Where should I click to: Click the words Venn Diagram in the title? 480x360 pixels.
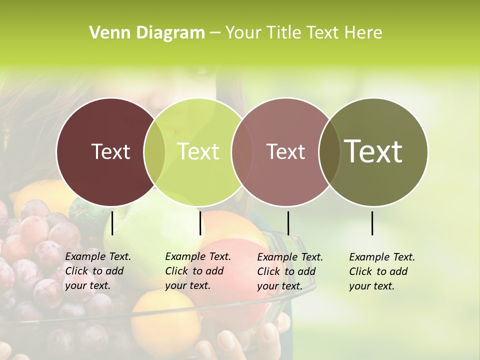[147, 33]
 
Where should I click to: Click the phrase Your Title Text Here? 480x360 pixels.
[303, 33]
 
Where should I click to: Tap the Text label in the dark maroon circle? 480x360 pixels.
[110, 151]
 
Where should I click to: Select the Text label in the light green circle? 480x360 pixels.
[198, 151]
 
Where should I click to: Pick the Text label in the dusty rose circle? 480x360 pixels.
[285, 151]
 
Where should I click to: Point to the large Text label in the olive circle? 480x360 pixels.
[373, 151]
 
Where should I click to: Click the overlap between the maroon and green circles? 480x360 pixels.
[154, 152]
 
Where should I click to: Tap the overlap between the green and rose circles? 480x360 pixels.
[242, 152]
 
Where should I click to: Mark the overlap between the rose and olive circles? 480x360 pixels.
[329, 152]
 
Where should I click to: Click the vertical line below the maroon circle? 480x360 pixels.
[112, 223]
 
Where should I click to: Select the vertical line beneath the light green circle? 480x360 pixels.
[200, 223]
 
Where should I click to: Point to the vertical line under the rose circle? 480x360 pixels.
[288, 223]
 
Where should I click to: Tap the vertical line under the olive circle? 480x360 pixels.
[372, 223]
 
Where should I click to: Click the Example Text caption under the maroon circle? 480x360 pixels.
[97, 271]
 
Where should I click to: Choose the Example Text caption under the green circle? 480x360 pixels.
[197, 271]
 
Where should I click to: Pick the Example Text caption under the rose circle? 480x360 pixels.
[289, 271]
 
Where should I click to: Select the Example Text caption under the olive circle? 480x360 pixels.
[381, 271]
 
